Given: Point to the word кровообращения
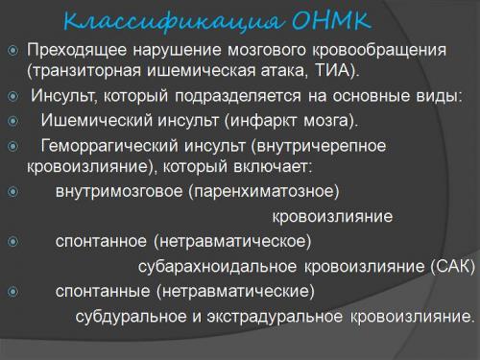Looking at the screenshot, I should [364, 50].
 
